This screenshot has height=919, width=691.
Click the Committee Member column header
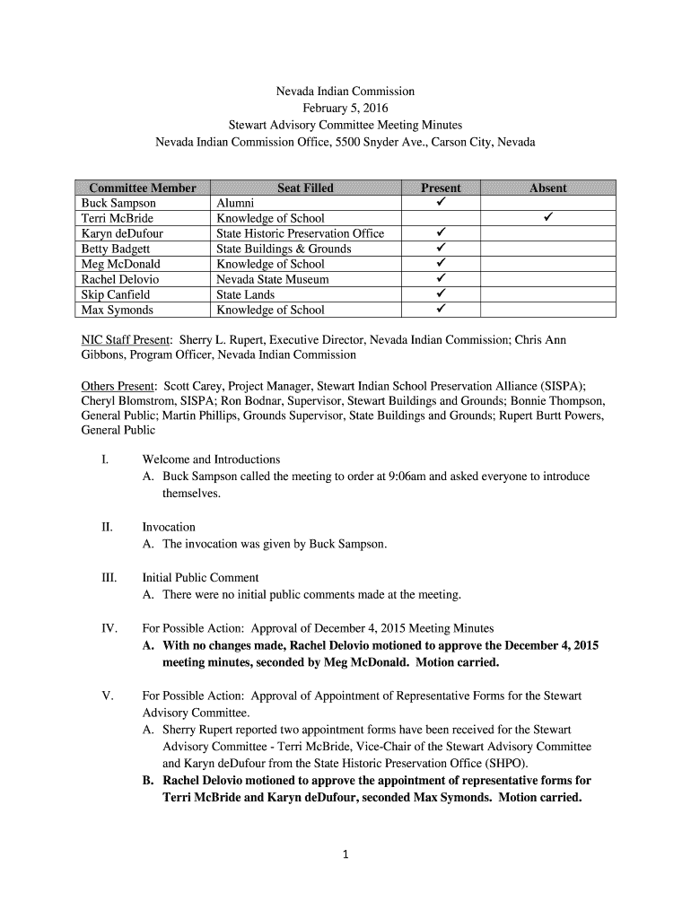coord(142,188)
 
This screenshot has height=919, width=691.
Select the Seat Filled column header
coord(305,188)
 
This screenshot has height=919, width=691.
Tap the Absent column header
coord(547,188)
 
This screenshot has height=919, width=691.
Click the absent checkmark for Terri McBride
coord(547,217)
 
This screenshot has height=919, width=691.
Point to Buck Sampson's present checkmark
coord(441,202)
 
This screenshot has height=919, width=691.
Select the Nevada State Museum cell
coord(273,279)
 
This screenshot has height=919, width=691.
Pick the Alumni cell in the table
coord(235,203)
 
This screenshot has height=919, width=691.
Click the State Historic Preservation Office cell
coord(300,233)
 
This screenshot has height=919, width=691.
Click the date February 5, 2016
coord(345,108)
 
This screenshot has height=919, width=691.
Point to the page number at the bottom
coord(345,854)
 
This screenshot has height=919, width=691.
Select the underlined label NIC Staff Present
coord(127,341)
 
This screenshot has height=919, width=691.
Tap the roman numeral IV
coord(109,628)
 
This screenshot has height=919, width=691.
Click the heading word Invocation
coord(169,527)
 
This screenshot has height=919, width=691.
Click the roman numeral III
coord(109,578)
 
